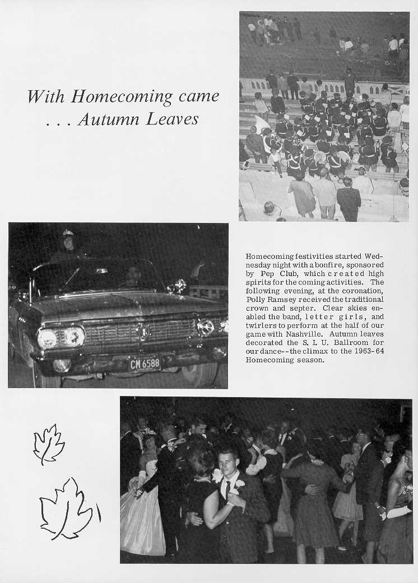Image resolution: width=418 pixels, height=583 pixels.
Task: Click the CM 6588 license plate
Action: (x=145, y=363)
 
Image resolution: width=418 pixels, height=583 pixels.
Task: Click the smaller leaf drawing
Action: (x=48, y=443)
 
